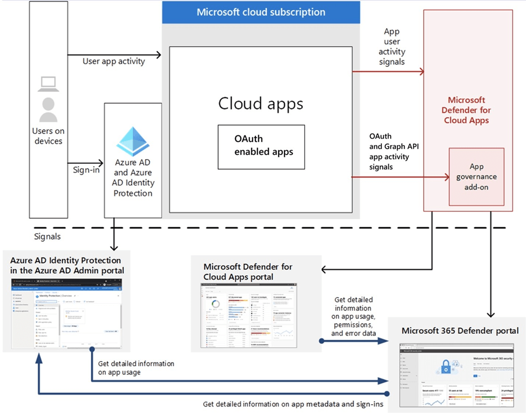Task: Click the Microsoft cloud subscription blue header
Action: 261,12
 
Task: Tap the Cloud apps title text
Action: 261,103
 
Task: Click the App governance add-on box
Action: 476,177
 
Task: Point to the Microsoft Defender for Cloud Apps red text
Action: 467,110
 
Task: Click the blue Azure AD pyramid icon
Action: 133,141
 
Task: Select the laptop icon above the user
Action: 48,84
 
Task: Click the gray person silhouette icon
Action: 48,110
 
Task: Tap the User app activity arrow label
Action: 113,61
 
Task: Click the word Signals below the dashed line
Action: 47,236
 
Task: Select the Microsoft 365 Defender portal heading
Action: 460,330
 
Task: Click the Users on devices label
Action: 48,136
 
